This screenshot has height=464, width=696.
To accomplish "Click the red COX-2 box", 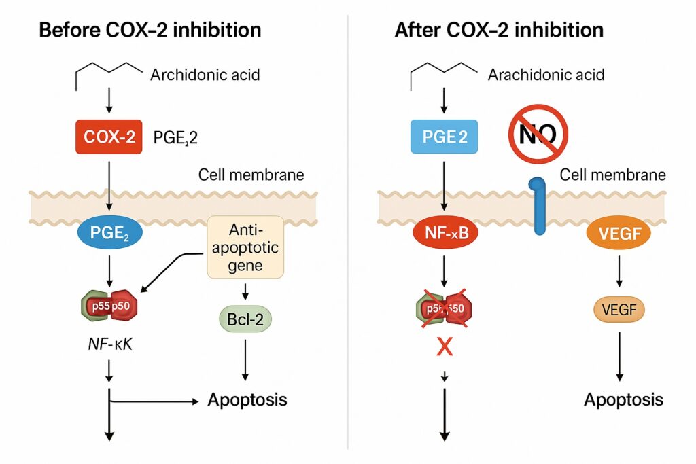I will [x=109, y=138].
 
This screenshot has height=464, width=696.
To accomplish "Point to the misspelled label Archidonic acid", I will [x=205, y=74].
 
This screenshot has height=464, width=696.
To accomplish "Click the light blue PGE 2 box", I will [x=445, y=138].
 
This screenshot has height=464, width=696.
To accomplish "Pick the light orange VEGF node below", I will [x=619, y=311].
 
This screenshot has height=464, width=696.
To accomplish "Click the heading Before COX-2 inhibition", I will [x=150, y=31].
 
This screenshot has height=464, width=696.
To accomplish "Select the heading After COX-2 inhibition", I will [x=499, y=31].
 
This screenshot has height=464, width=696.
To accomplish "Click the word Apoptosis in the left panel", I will [x=247, y=399].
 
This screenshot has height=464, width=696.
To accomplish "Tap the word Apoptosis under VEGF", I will [x=623, y=399].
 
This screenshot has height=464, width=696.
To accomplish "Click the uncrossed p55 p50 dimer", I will [x=109, y=306].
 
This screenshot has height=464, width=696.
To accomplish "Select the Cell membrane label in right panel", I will [x=612, y=175].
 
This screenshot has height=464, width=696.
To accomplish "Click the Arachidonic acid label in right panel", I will [x=546, y=74].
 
